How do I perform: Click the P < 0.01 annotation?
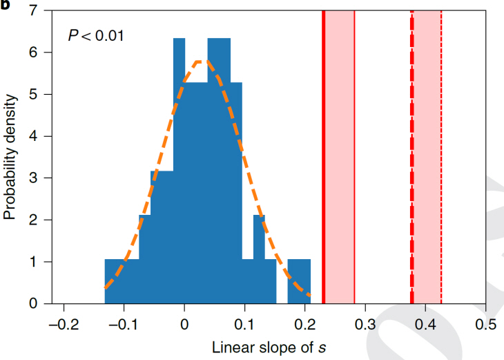coord(96,35)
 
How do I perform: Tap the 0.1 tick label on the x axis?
coord(244,323)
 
